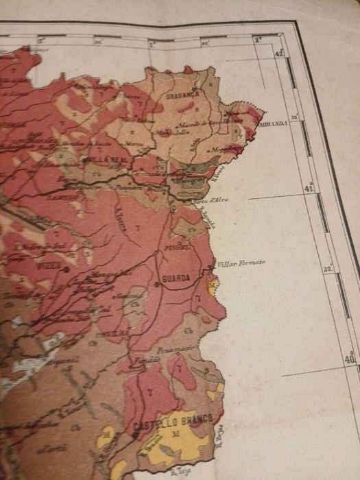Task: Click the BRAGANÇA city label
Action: [182, 96]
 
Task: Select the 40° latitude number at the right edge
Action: [350, 358]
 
